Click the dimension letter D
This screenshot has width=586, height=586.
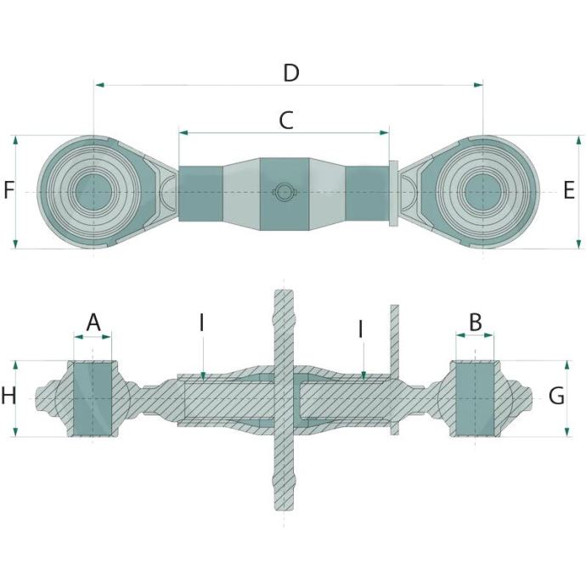pyautogui.click(x=291, y=73)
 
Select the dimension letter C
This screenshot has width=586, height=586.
pyautogui.click(x=286, y=121)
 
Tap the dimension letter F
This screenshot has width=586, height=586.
pyautogui.click(x=8, y=190)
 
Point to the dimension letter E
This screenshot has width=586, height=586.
pyautogui.click(x=569, y=190)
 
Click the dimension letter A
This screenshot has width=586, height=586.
pyautogui.click(x=93, y=322)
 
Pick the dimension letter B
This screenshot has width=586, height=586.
pyautogui.click(x=476, y=322)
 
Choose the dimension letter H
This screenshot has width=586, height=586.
pyautogui.click(x=8, y=396)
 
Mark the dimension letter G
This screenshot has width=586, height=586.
pyautogui.click(x=557, y=396)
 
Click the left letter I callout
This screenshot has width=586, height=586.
pyautogui.click(x=202, y=323)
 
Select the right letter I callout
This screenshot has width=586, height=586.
pyautogui.click(x=361, y=328)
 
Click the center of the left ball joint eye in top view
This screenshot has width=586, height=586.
pyautogui.click(x=93, y=191)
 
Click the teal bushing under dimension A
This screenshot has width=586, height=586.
pyautogui.click(x=93, y=398)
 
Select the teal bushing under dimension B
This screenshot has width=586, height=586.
pyautogui.click(x=475, y=398)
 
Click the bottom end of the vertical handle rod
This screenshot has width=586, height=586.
pyautogui.click(x=283, y=507)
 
